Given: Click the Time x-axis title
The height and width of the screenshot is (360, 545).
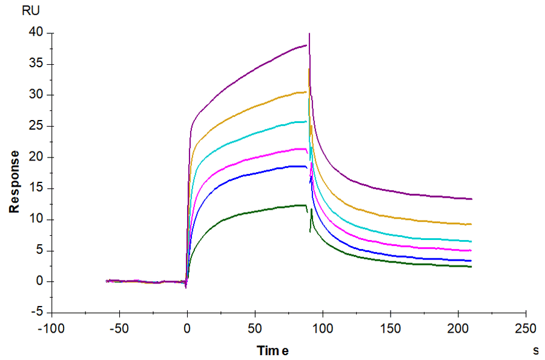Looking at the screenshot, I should [273, 350].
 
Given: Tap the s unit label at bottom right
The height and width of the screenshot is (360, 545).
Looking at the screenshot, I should [535, 350].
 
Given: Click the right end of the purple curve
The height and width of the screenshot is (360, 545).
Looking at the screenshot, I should [471, 199].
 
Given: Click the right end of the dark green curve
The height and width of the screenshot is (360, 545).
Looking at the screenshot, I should [471, 267].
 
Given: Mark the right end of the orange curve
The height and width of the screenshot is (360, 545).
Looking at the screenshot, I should [471, 224].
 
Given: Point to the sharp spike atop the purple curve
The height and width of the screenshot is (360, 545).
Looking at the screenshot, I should [309, 34].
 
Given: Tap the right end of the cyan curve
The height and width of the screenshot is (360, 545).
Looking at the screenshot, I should [471, 241].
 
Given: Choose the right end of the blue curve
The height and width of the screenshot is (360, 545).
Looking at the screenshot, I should [471, 261].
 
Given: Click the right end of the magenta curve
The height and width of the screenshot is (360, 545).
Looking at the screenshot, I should [471, 250].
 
